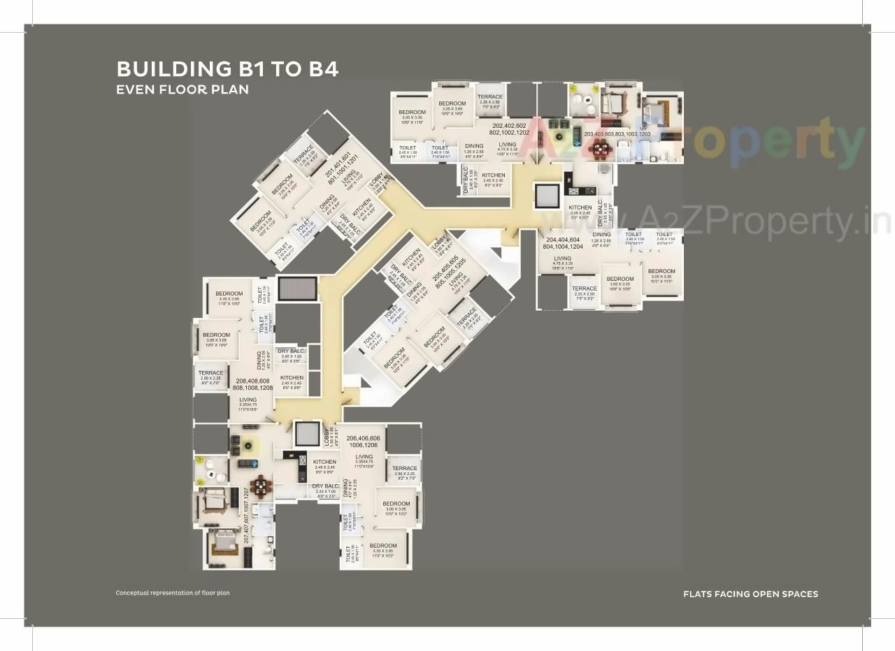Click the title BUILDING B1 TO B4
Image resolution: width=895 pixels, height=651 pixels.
pyautogui.click(x=227, y=69)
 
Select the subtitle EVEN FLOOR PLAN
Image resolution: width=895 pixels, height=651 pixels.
pyautogui.click(x=182, y=89)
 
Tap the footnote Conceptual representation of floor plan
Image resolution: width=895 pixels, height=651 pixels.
pyautogui.click(x=173, y=593)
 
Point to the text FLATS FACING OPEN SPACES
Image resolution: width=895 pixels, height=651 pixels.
pyautogui.click(x=750, y=594)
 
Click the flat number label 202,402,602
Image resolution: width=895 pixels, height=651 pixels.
pyautogui.click(x=510, y=125)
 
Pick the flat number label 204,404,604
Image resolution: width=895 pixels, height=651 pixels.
pyautogui.click(x=564, y=239)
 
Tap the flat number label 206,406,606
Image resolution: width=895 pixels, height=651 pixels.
pyautogui.click(x=364, y=438)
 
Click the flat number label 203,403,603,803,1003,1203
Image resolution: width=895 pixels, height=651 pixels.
pyautogui.click(x=617, y=134)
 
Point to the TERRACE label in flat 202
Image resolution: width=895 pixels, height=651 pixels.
pyautogui.click(x=489, y=97)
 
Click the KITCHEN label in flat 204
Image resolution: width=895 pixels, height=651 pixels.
pyautogui.click(x=580, y=207)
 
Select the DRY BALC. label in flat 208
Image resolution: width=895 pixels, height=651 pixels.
pyautogui.click(x=291, y=351)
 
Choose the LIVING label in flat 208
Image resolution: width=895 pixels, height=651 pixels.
pyautogui.click(x=248, y=400)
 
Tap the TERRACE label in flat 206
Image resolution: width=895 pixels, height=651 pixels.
pyautogui.click(x=405, y=469)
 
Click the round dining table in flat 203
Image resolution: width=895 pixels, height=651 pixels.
pyautogui.click(x=599, y=148)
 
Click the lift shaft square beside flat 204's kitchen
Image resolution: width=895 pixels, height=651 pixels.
pyautogui.click(x=547, y=196)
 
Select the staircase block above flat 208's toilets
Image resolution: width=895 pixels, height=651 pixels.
pyautogui.click(x=297, y=288)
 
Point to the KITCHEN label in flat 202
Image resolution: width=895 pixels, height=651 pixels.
pyautogui.click(x=494, y=175)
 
